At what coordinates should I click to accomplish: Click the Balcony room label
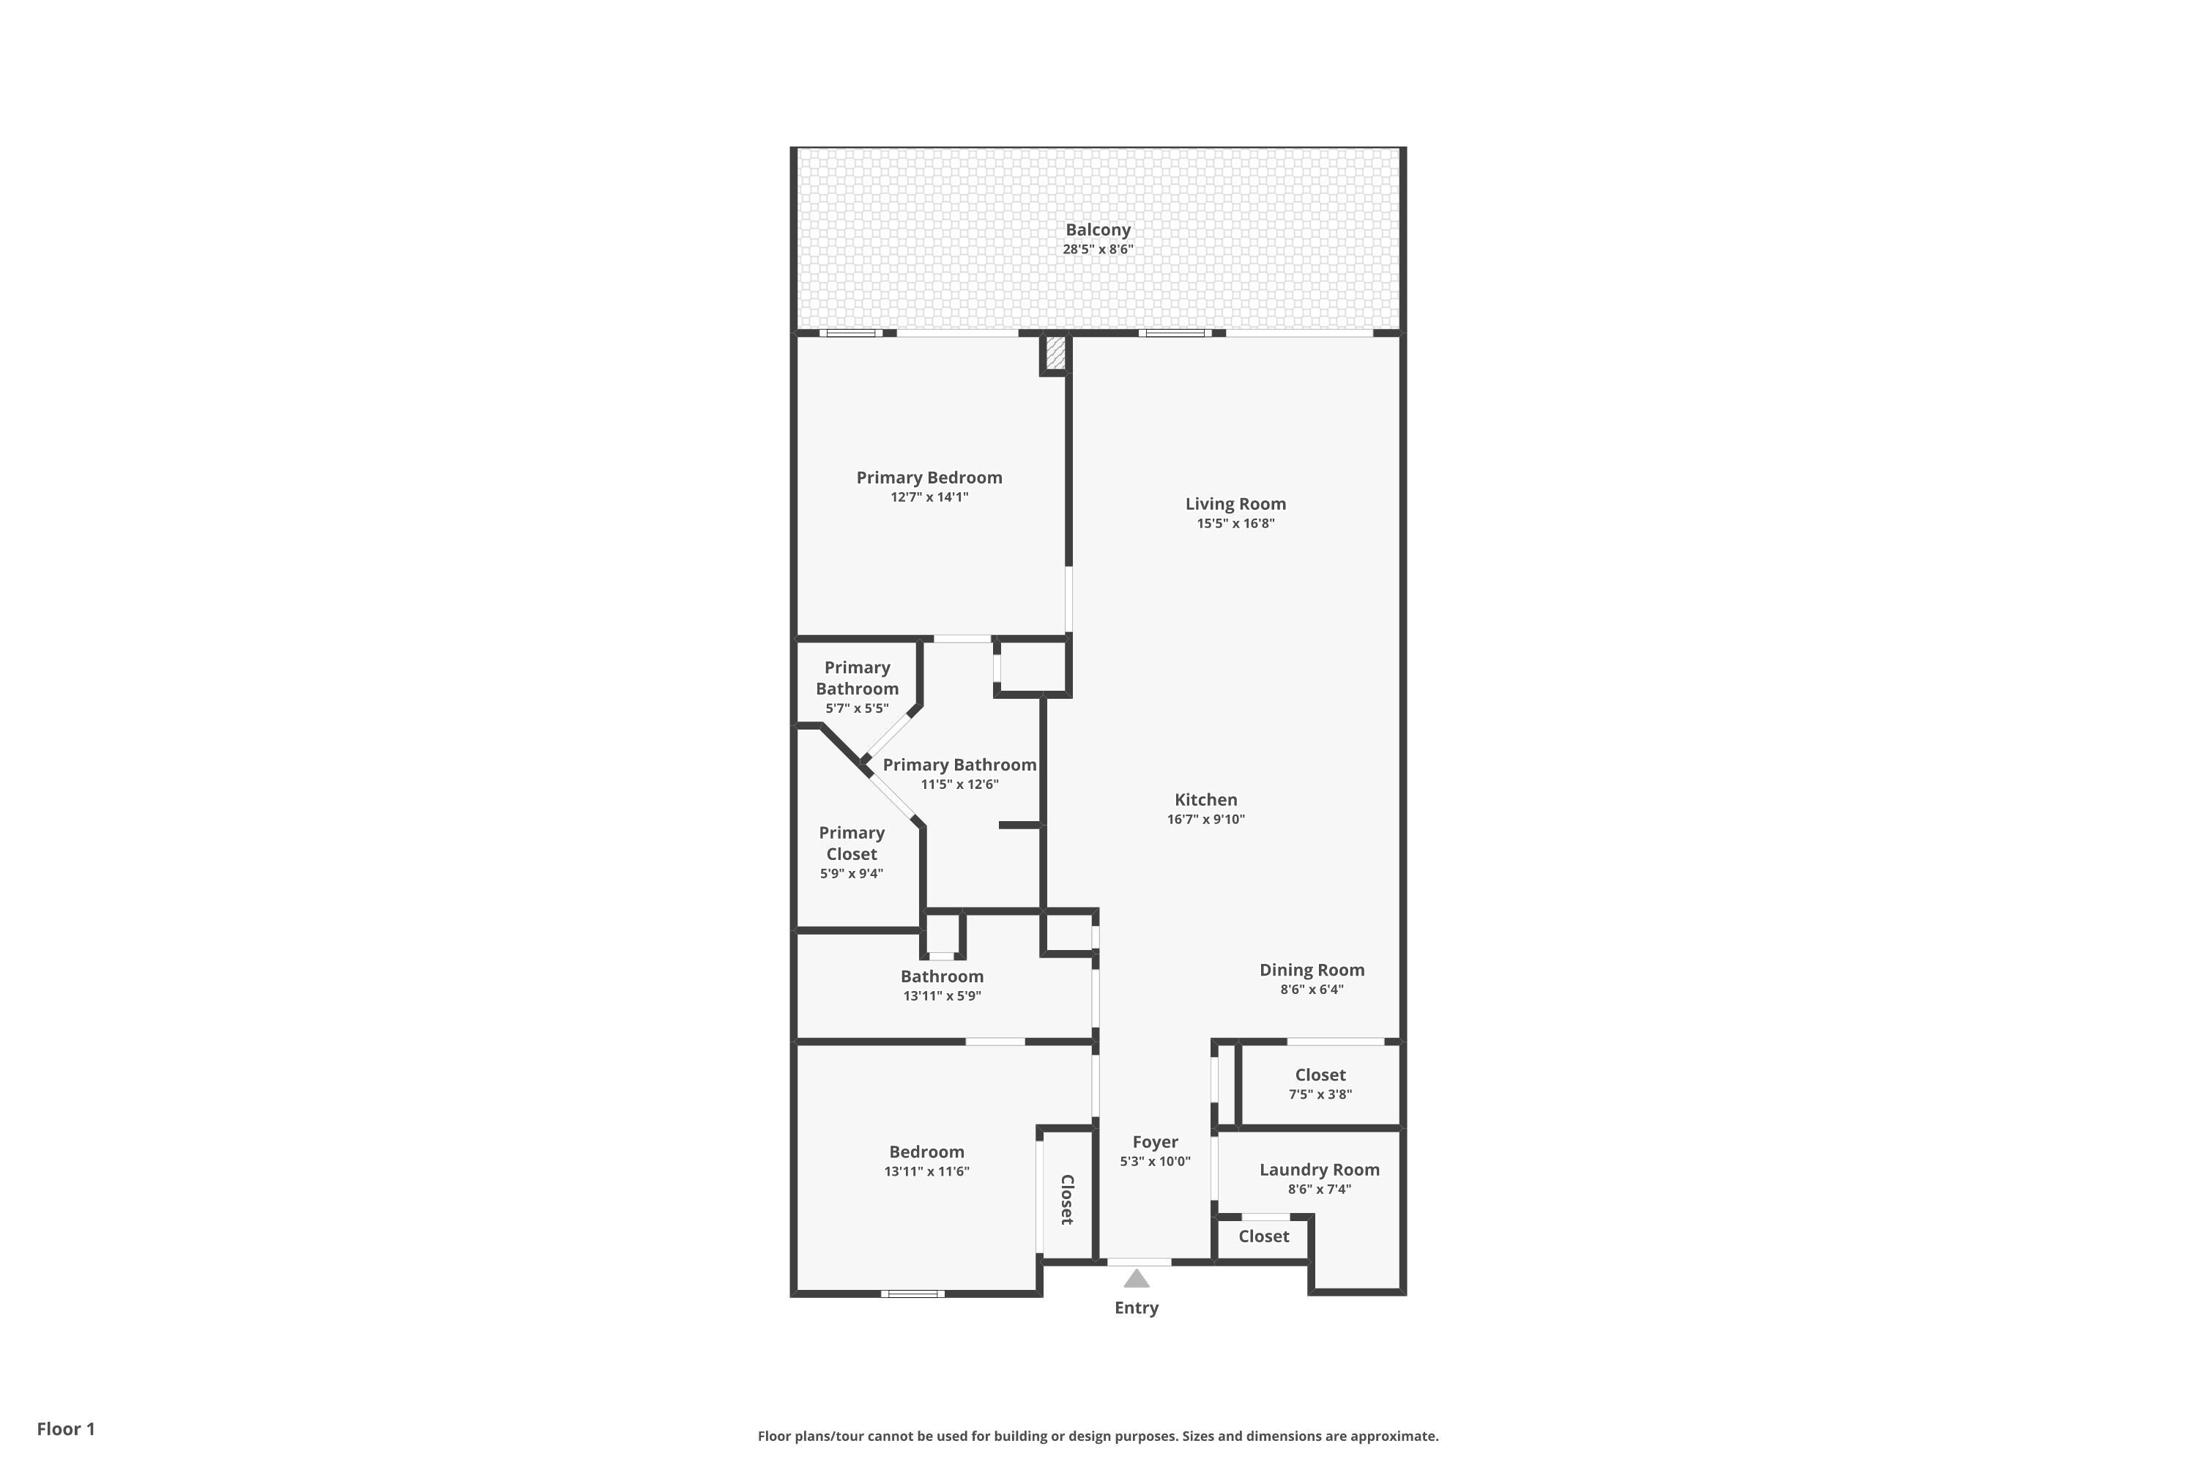pyautogui.click(x=1098, y=230)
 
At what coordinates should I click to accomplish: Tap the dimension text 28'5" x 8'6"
pyautogui.click(x=1098, y=250)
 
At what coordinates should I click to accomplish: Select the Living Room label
pyautogui.click(x=1235, y=504)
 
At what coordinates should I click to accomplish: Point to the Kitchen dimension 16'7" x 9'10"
pyautogui.click(x=1205, y=820)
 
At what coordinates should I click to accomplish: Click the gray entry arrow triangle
pyautogui.click(x=1136, y=1279)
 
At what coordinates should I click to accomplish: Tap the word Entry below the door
pyautogui.click(x=1136, y=1308)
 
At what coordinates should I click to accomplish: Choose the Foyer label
pyautogui.click(x=1155, y=1142)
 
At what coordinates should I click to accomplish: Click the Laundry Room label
pyautogui.click(x=1319, y=1170)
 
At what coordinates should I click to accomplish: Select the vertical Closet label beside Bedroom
pyautogui.click(x=1067, y=1200)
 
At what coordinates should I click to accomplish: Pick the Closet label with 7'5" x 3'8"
pyautogui.click(x=1320, y=1075)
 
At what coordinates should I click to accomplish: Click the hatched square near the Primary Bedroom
pyautogui.click(x=1055, y=352)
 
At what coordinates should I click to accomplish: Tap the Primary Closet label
pyautogui.click(x=851, y=843)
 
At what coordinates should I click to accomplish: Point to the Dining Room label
pyautogui.click(x=1312, y=970)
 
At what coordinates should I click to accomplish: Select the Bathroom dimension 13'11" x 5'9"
pyautogui.click(x=942, y=996)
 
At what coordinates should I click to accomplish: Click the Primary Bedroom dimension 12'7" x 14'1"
pyautogui.click(x=929, y=497)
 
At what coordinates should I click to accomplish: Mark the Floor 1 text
pyautogui.click(x=65, y=1428)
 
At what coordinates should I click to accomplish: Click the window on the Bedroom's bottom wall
pyautogui.click(x=912, y=1294)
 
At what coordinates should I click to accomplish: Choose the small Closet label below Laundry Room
pyautogui.click(x=1263, y=1236)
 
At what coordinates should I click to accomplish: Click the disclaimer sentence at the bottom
pyautogui.click(x=1098, y=1436)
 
